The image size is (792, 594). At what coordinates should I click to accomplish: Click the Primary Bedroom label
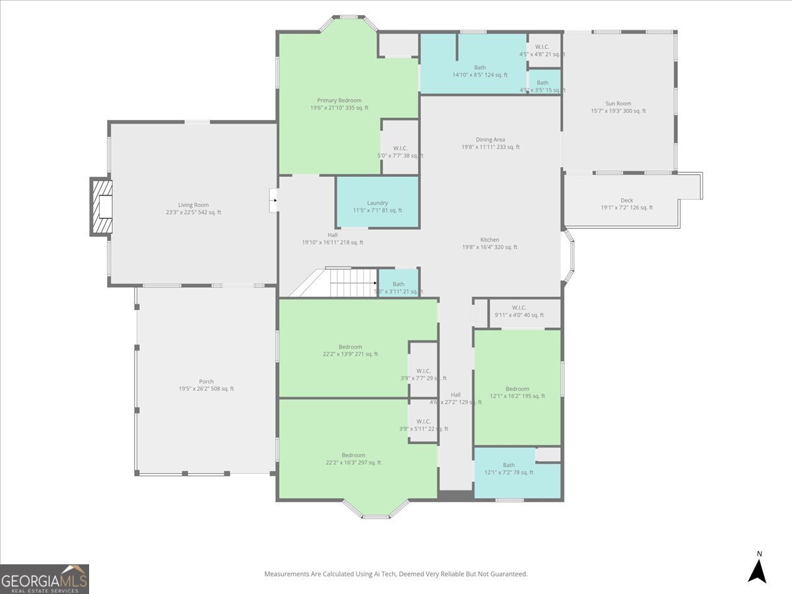point(339,100)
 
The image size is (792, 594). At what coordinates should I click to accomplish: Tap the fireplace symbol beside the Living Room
point(102,207)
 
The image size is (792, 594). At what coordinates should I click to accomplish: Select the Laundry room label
point(378,203)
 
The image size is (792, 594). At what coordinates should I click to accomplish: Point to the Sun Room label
point(618,104)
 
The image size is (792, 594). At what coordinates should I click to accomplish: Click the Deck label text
point(626,201)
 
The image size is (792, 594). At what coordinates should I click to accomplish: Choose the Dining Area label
point(490,139)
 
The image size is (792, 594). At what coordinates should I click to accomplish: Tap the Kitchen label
point(490,240)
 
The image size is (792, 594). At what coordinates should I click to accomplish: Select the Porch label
point(206,381)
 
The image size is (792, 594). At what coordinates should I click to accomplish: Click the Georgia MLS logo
point(44,579)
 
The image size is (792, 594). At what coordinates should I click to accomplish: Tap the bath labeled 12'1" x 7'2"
point(508,469)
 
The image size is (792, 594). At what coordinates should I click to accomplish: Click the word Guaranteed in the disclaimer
point(509,574)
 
